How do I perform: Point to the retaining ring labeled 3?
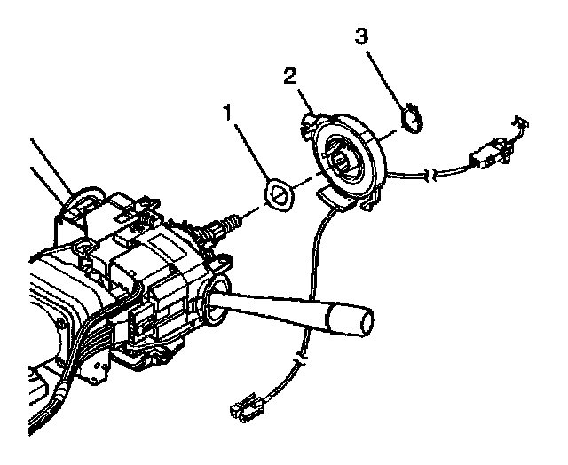[413, 119]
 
